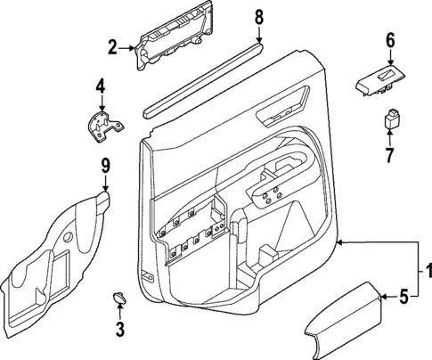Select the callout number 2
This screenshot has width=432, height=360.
click(112, 47)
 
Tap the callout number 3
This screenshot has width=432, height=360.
click(120, 330)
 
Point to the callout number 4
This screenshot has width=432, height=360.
click(101, 86)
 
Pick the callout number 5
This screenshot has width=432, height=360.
click(402, 296)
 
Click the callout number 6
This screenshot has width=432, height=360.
click(389, 40)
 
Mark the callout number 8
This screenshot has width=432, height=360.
click(259, 16)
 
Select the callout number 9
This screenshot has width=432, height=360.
click(104, 164)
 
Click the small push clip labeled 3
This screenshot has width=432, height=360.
click(119, 296)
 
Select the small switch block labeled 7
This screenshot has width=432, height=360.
click(390, 118)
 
